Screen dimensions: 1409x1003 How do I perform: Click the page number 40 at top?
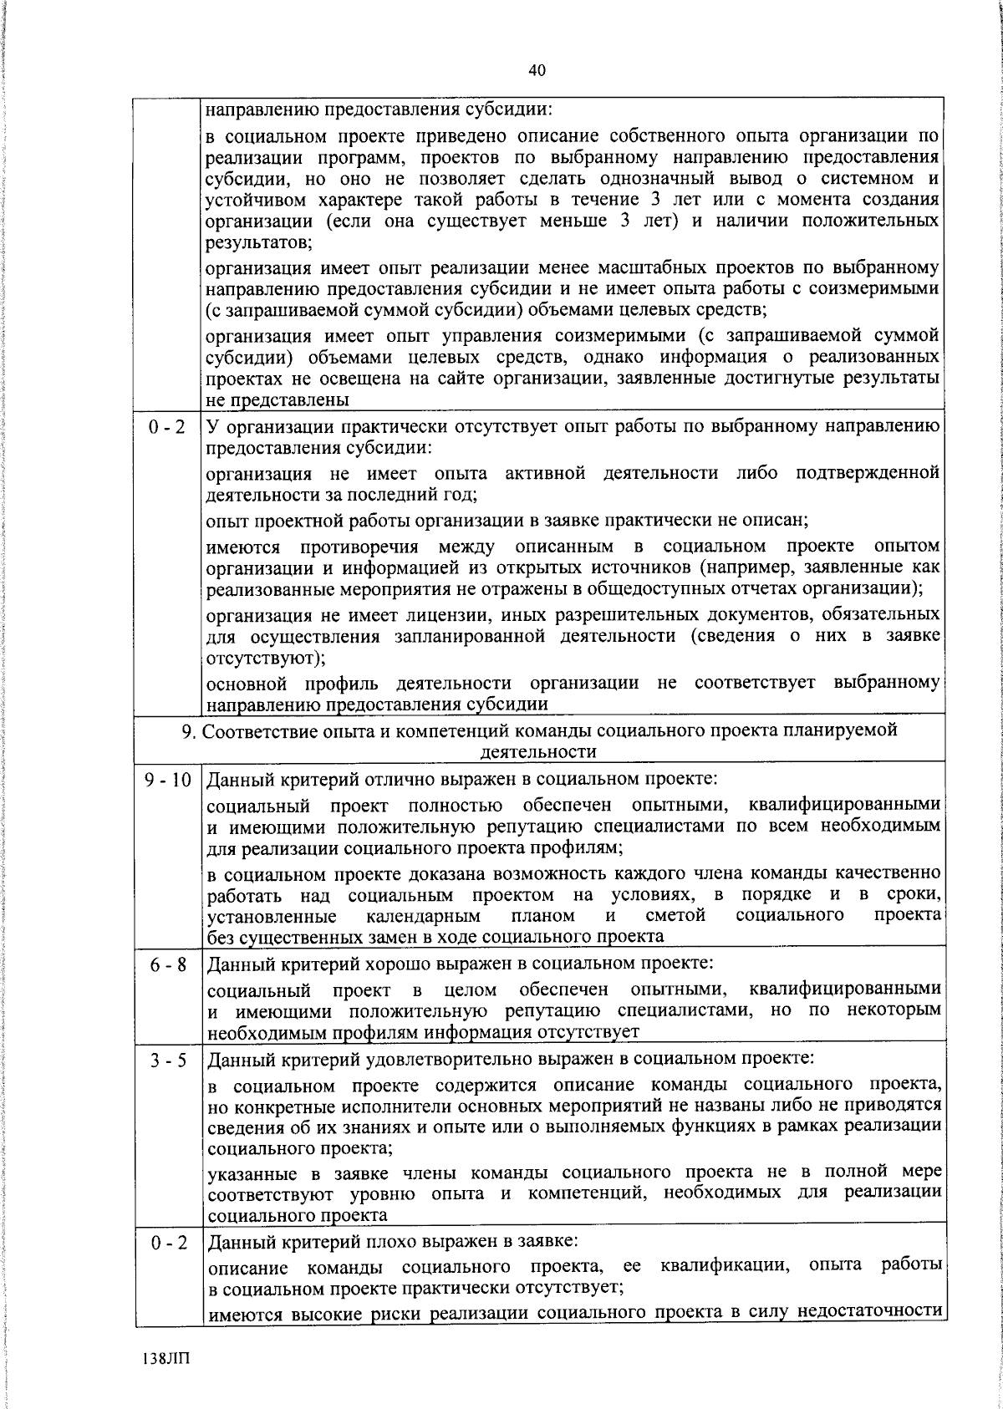click(537, 71)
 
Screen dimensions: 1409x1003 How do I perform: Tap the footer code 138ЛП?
click(166, 1357)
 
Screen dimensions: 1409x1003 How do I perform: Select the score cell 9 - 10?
click(168, 781)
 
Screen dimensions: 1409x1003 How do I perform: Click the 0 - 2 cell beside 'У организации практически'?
click(167, 427)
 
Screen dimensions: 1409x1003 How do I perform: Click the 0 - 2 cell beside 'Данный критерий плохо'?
click(168, 1243)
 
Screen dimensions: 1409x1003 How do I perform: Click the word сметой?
click(675, 915)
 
